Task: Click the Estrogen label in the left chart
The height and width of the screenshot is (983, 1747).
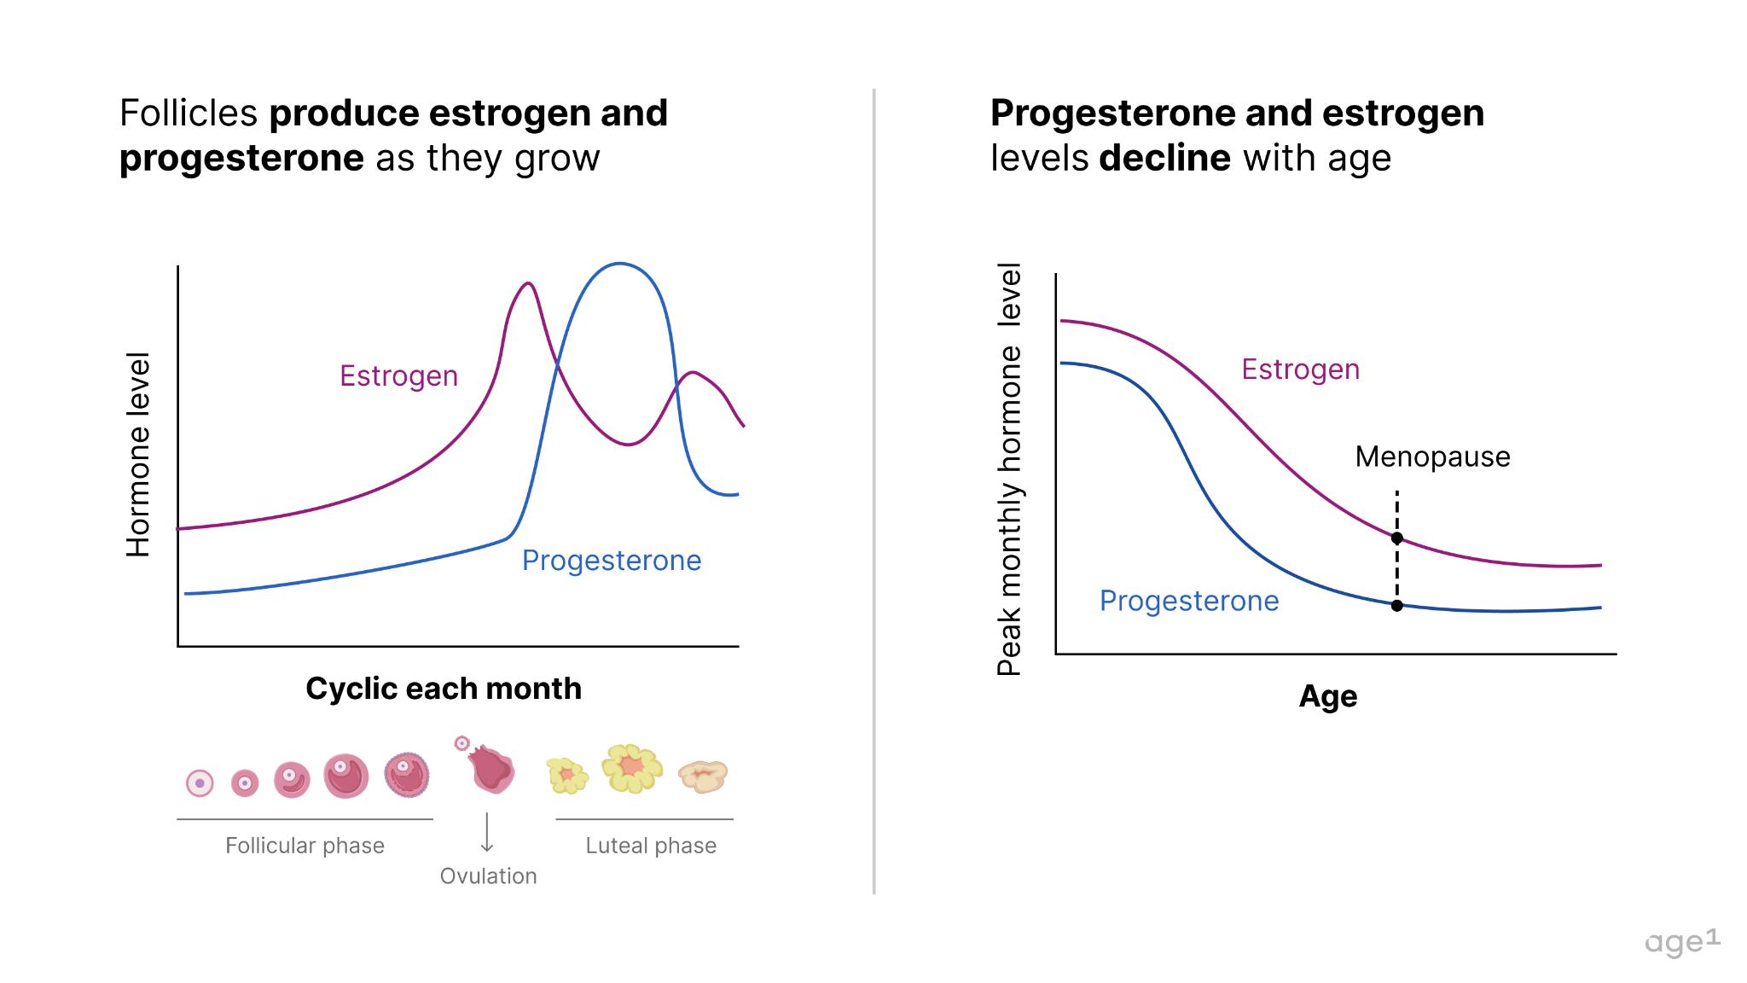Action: click(398, 375)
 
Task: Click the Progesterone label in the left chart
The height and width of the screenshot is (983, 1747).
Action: click(611, 561)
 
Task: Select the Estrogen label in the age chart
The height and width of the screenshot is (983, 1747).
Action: click(1300, 369)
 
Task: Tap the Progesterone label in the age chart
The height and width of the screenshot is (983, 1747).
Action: click(1188, 601)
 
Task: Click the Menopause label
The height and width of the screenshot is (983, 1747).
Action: click(1432, 457)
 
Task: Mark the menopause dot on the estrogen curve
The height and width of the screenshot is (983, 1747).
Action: click(1396, 538)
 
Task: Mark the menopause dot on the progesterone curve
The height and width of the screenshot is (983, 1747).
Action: click(1396, 606)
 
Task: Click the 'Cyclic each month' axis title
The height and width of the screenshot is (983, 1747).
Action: click(444, 689)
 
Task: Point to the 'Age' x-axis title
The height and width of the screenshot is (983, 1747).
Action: click(1327, 696)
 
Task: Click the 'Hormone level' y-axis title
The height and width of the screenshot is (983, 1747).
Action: click(138, 454)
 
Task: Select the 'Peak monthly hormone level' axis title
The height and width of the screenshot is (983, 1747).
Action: click(1009, 469)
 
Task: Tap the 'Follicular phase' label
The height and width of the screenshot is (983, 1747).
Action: click(305, 846)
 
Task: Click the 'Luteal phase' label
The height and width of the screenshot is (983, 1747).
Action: click(650, 846)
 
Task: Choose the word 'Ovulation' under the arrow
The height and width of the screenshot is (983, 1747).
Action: click(488, 876)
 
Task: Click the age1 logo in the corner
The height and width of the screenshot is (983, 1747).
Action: click(1681, 942)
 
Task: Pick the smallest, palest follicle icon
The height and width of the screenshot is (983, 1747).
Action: click(200, 782)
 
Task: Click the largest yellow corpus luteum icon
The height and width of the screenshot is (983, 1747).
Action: click(631, 768)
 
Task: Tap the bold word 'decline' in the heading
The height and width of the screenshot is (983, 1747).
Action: click(1164, 158)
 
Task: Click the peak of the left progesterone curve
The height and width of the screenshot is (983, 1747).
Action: click(619, 264)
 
